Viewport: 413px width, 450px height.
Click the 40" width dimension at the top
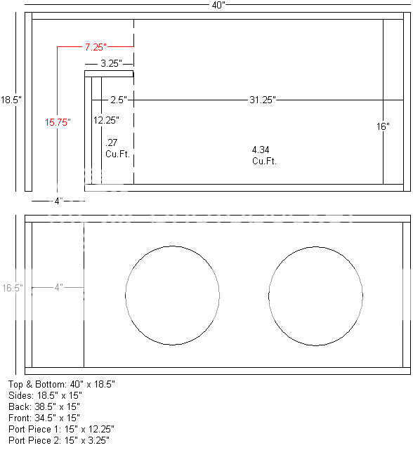pyautogui.click(x=218, y=5)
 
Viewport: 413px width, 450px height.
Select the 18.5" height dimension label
pyautogui.click(x=11, y=100)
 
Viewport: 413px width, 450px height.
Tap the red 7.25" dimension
pyautogui.click(x=96, y=47)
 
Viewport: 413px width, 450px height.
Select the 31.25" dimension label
pyautogui.click(x=262, y=100)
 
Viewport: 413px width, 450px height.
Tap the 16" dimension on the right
pyautogui.click(x=383, y=127)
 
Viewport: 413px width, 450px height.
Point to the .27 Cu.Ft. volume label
pyautogui.click(x=114, y=147)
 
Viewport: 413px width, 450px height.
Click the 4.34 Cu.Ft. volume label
pyautogui.click(x=264, y=155)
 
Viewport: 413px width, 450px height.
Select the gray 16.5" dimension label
pyautogui.click(x=12, y=288)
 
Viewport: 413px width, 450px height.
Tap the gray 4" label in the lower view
pyautogui.click(x=59, y=287)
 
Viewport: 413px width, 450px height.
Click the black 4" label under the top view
pyautogui.click(x=59, y=201)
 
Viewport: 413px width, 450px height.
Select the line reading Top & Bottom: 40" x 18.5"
pyautogui.click(x=62, y=385)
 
